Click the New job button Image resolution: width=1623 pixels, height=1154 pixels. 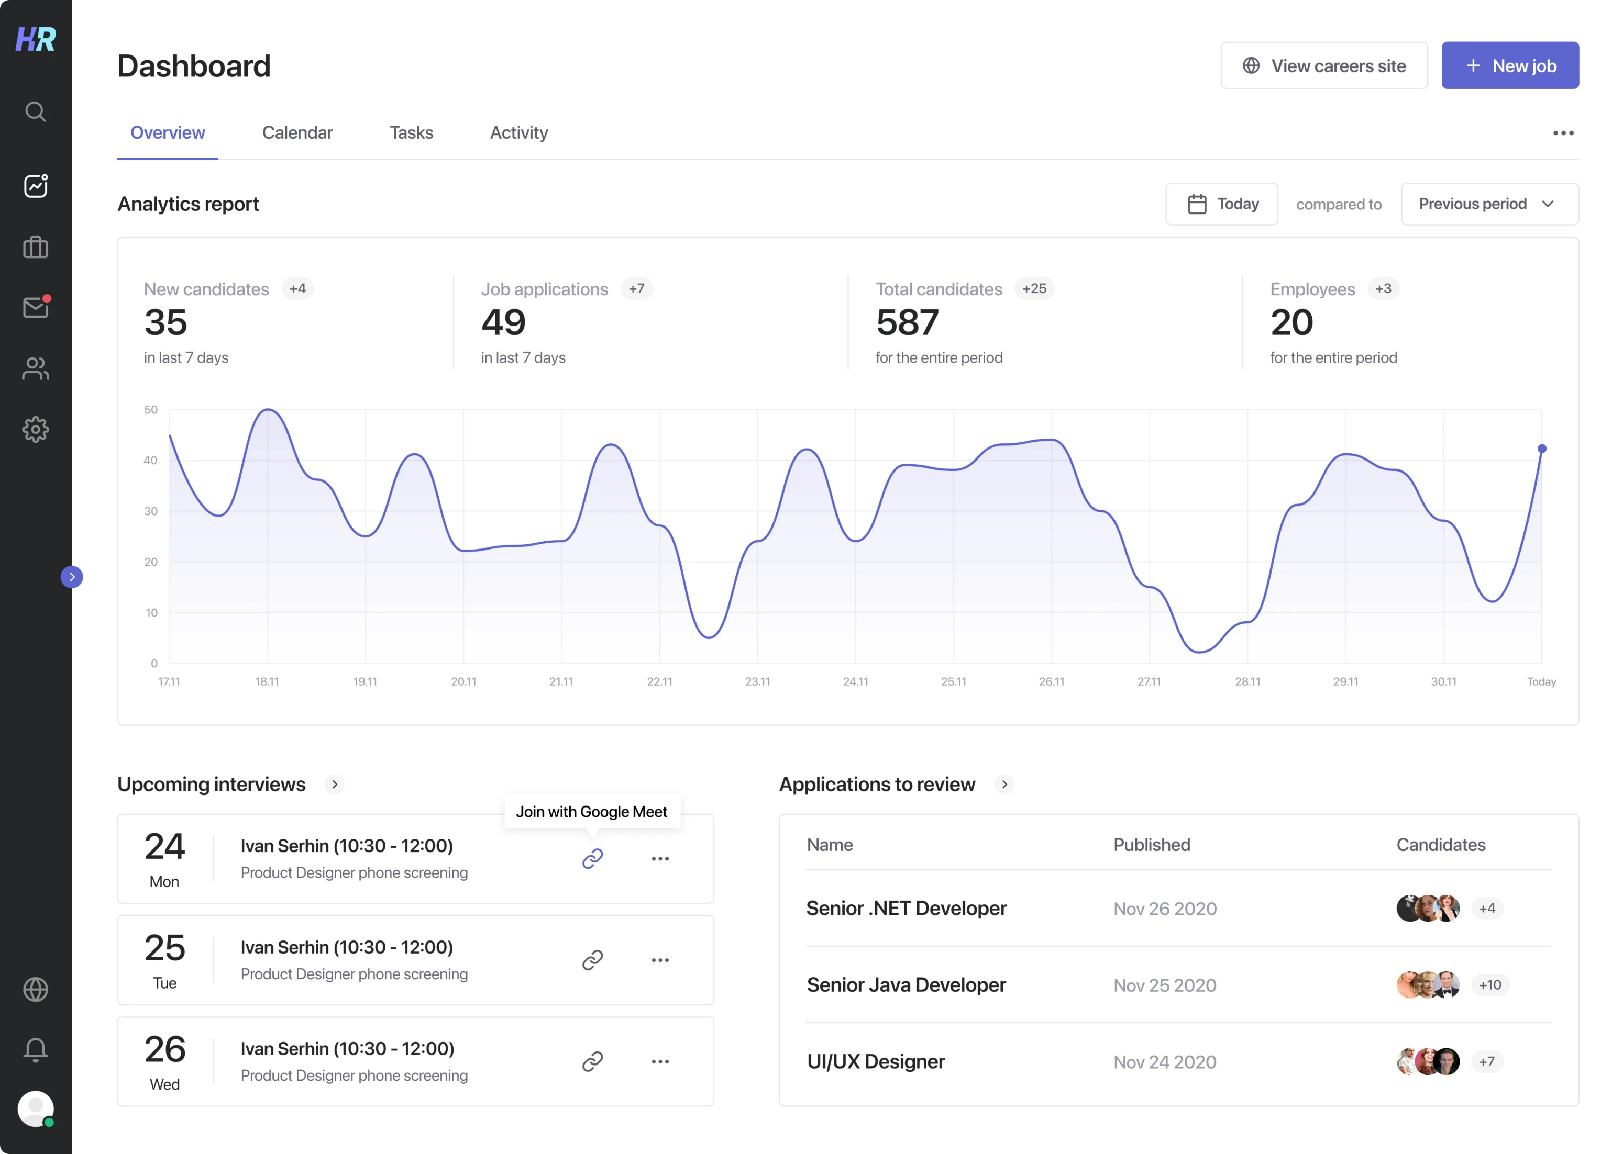coord(1509,65)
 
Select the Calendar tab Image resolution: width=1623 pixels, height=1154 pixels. coord(296,133)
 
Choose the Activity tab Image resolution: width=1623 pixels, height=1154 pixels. coord(518,133)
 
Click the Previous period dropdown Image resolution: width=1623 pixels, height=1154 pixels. coord(1488,204)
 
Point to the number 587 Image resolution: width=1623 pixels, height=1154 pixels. coord(907,322)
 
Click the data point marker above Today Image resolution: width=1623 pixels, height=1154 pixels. coord(1541,449)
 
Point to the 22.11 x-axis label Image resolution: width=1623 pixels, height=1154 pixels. coord(658,681)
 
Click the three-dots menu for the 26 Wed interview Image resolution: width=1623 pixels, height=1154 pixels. coord(660,1061)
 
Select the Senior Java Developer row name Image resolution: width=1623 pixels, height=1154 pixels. coord(906,985)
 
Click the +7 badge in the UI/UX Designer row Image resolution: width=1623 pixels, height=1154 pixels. coord(1486,1061)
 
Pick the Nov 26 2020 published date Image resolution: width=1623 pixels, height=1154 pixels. coord(1164,909)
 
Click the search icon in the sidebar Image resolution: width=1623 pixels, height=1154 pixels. coord(36,111)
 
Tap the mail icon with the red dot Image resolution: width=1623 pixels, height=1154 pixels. coord(36,307)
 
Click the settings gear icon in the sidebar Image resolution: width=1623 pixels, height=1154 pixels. coord(36,429)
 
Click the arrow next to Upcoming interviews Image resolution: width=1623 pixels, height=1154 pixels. coord(334,784)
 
